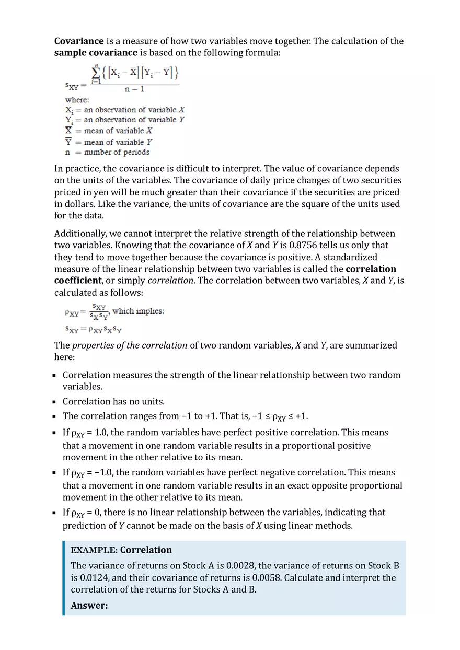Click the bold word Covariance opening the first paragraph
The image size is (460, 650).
[79, 41]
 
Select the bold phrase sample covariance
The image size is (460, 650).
[96, 53]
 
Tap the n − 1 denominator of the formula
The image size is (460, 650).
[134, 89]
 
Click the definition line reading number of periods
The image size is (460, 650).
[117, 153]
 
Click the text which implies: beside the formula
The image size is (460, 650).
[138, 311]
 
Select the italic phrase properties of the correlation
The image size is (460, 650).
[129, 345]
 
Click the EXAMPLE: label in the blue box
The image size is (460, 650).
[94, 550]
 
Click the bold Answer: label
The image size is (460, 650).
[89, 606]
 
